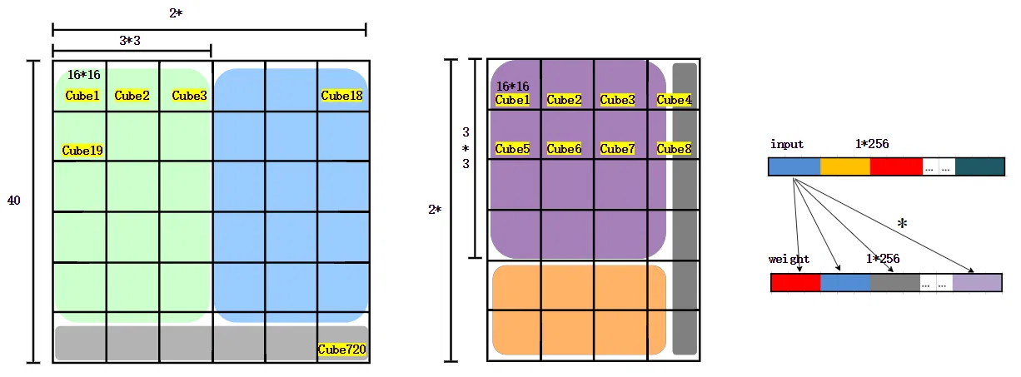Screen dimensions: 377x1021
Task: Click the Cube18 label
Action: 341,96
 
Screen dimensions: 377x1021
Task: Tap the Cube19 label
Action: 82,151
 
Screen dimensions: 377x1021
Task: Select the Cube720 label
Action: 342,350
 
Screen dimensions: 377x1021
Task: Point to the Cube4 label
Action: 674,100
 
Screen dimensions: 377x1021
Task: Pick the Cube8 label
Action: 674,149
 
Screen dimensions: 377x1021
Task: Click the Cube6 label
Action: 564,149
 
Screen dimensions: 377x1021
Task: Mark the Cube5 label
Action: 512,149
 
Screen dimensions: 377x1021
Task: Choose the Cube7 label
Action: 617,149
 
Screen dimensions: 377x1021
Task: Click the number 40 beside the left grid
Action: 14,201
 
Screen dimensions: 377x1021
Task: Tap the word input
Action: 787,144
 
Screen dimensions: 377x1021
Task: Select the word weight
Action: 789,259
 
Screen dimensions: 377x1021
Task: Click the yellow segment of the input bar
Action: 844,167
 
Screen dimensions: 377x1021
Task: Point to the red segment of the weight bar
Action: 795,283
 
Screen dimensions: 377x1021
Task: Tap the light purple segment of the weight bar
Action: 977,283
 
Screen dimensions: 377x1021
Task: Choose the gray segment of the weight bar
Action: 894,283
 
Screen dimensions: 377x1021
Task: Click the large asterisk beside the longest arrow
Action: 902,224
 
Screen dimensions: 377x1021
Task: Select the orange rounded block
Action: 579,310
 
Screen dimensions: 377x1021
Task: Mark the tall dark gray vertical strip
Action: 684,208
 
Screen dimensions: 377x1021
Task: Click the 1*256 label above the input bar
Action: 872,144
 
